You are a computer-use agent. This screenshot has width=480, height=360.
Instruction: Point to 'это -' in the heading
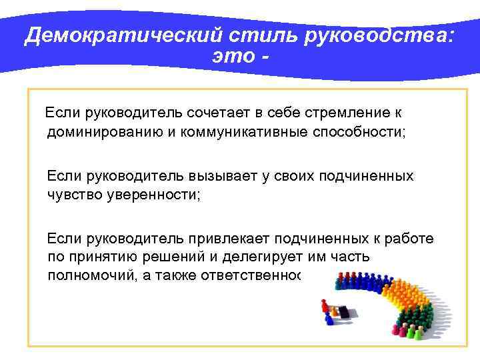pos(241,56)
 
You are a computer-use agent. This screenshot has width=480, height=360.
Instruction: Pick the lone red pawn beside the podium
pos(325,307)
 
